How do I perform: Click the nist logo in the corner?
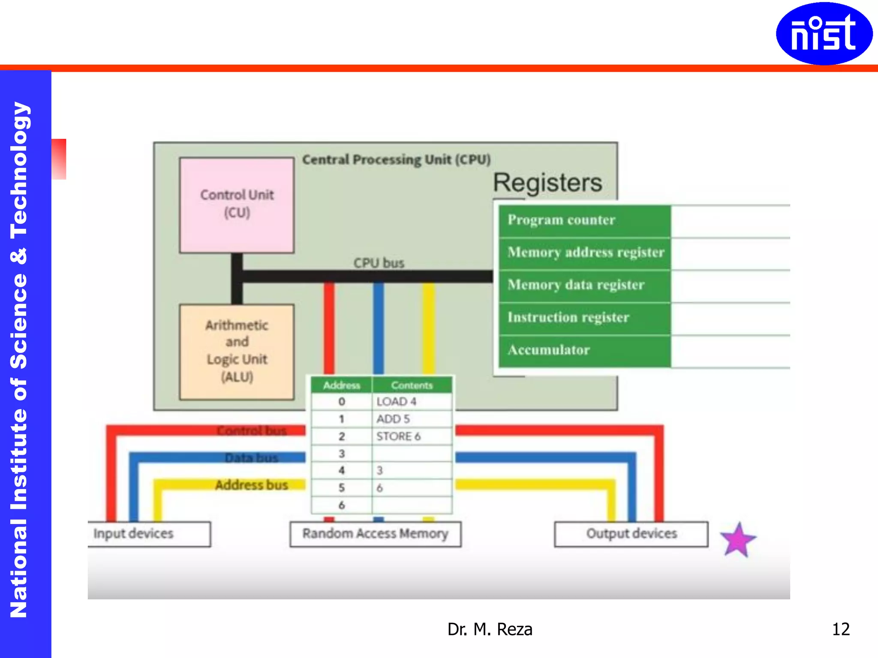pos(824,34)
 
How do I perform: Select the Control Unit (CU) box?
pos(237,205)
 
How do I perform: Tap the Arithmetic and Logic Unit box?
pos(237,352)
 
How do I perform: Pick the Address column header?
pos(341,385)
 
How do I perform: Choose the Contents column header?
pos(412,385)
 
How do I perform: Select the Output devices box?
pos(631,534)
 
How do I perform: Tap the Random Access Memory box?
pos(375,534)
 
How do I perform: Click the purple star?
pos(738,540)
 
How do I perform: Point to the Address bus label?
pos(251,485)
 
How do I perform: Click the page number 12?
pos(840,629)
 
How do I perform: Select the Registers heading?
pos(547,183)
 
